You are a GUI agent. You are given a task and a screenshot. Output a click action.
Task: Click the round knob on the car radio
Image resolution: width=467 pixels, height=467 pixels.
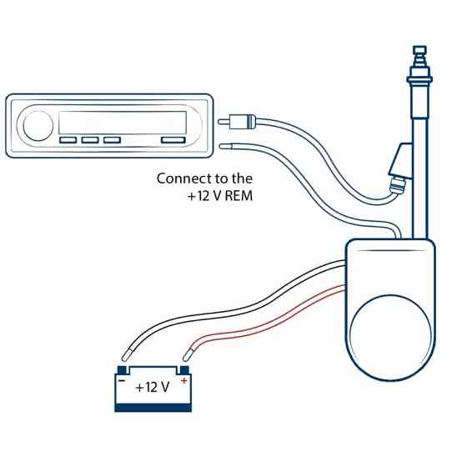pos(38,126)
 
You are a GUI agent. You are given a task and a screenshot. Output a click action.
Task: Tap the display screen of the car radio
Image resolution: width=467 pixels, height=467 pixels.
pos(123,123)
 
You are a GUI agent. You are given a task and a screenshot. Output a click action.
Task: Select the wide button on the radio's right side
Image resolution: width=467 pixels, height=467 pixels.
pos(173,140)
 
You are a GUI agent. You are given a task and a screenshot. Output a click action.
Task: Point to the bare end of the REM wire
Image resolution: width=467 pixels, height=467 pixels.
pos(225,147)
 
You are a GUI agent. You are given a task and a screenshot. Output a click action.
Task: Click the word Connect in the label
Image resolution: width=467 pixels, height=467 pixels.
pos(183,178)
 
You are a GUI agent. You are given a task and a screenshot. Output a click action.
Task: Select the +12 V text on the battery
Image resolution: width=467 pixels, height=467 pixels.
pos(152,388)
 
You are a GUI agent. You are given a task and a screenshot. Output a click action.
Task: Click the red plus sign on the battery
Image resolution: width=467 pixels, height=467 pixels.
pos(184,380)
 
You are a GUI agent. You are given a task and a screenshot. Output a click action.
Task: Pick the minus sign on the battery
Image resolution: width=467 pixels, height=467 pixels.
pos(122,380)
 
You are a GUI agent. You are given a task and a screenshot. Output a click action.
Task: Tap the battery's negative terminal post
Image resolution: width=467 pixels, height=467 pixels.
pos(123,370)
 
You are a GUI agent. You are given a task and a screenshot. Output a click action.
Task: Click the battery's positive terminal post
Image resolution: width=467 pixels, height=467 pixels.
pos(184,370)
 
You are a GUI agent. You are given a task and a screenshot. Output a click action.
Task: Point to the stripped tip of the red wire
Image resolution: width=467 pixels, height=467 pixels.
pos(187,355)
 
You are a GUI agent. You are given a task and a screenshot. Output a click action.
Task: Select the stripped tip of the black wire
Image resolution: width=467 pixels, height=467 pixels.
pos(126,355)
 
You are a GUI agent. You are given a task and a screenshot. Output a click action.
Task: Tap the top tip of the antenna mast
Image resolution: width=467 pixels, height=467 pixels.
pos(419,47)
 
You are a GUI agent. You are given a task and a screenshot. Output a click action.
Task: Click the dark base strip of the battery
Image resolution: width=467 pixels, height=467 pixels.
pos(153,408)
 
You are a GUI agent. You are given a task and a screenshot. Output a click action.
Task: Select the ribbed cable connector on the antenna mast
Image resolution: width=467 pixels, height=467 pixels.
pos(397,185)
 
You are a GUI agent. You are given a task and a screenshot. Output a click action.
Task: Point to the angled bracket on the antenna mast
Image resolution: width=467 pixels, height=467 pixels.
pos(400,160)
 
